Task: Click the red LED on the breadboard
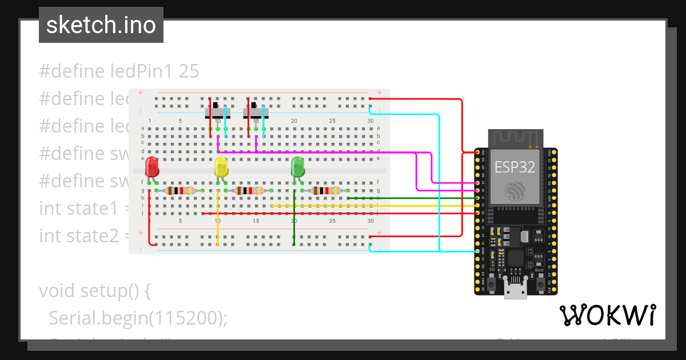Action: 152,167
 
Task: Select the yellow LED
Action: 221,167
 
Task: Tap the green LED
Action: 298,167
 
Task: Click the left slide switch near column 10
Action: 217,110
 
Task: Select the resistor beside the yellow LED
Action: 252,191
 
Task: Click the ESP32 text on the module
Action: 513,167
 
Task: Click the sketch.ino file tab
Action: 101,25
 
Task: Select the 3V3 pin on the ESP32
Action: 477,153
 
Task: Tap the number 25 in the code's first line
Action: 189,71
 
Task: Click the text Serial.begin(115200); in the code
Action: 138,318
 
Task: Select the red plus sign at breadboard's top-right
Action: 380,93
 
